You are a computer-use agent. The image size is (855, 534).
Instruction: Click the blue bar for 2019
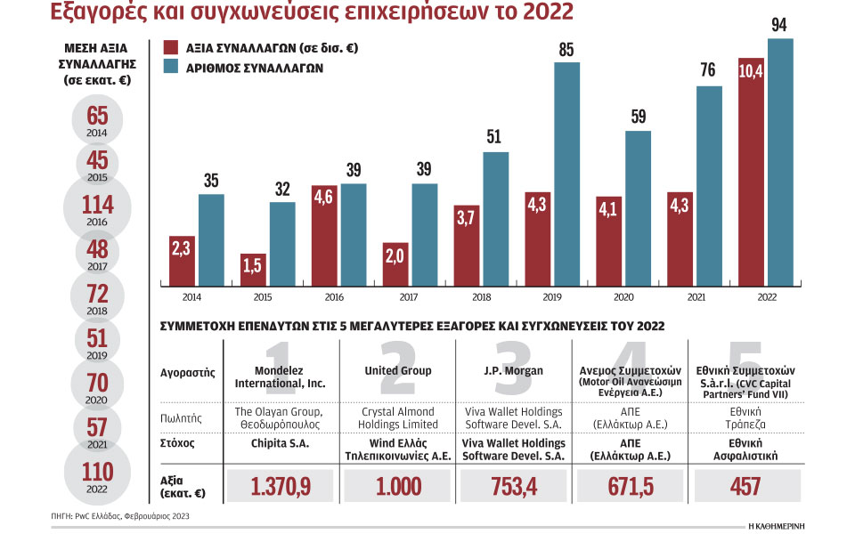click(x=567, y=174)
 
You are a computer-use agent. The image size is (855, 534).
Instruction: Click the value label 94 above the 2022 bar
click(x=779, y=24)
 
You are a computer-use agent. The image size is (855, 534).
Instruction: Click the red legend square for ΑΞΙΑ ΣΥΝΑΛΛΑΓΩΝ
click(x=173, y=47)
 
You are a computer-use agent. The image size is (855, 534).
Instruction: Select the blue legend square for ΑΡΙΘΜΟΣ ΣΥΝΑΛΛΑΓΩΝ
click(x=173, y=67)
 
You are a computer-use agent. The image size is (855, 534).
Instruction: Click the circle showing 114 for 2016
click(x=98, y=211)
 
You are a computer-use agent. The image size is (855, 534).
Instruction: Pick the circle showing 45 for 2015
click(x=98, y=163)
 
